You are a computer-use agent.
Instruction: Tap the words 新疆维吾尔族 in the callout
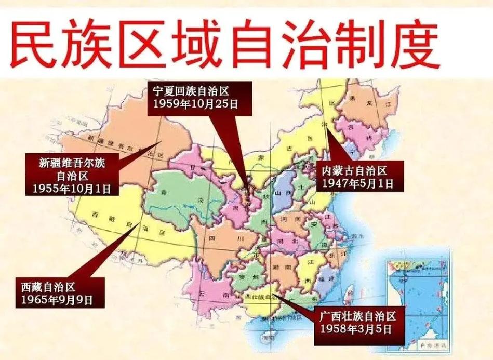click(73, 162)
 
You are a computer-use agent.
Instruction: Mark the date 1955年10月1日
click(72, 188)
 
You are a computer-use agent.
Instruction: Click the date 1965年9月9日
click(57, 299)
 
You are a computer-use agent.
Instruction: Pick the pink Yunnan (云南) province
click(213, 294)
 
